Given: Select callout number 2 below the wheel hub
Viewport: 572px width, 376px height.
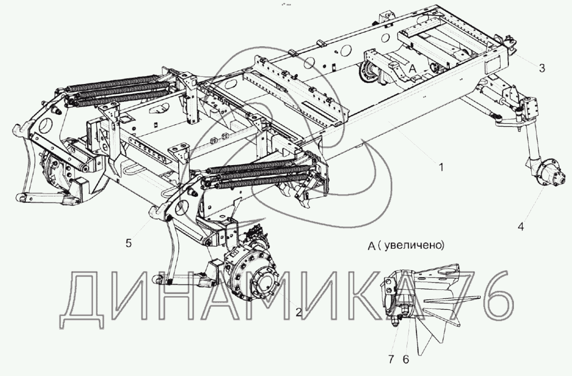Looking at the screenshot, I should point(298,312).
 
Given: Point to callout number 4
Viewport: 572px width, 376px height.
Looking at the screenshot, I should point(520,227).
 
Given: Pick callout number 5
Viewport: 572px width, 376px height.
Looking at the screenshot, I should point(128,244).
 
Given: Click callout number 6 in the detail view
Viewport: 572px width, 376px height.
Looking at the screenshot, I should point(406,359).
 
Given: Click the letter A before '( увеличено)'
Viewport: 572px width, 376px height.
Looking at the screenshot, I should point(371,245).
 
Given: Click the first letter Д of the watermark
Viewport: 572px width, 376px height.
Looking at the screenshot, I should point(84,296).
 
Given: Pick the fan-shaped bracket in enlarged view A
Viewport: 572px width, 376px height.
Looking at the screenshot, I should point(437,303).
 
